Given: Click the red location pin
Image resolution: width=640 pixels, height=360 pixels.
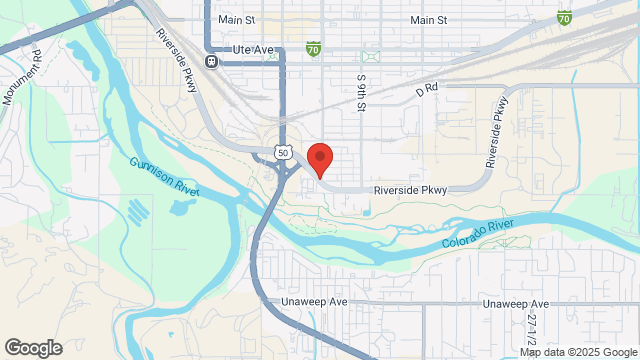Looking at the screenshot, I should pos(319,159).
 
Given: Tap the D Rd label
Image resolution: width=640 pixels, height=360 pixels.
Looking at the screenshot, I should pos(427,88).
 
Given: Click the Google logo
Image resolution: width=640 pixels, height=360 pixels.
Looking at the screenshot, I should pos(33,347).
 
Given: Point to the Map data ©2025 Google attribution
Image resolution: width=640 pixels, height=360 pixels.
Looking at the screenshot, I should pos(577,352).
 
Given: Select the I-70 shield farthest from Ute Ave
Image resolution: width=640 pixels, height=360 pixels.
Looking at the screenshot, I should pos(565,17).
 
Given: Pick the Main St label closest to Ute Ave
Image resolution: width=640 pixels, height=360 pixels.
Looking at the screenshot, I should pos(237,19).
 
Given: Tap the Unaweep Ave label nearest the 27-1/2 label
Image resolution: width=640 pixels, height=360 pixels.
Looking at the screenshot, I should pos(516,303).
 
